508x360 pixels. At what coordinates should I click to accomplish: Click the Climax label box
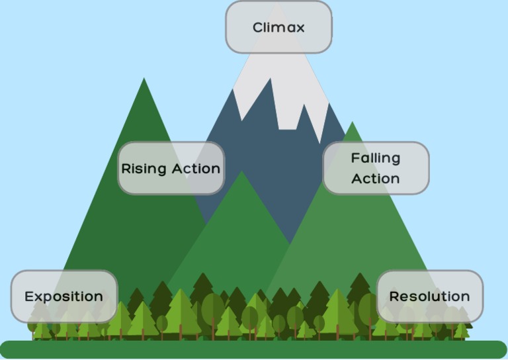[x=278, y=27]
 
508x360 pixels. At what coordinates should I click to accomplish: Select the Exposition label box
[x=64, y=296]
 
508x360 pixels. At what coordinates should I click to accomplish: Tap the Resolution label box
[x=430, y=296]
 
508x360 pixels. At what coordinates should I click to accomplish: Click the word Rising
[x=144, y=169]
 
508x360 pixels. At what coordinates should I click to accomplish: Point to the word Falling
[x=375, y=158]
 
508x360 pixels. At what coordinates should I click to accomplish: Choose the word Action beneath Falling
[x=375, y=179]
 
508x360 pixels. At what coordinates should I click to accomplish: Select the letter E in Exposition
[x=29, y=296]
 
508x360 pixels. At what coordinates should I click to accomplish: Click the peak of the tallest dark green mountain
[x=144, y=79]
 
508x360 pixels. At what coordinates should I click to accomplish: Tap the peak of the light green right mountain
[x=353, y=122]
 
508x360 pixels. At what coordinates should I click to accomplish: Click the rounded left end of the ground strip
[x=7, y=349]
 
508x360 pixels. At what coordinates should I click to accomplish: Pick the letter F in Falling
[x=355, y=158]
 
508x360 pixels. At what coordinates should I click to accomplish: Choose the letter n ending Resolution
[x=465, y=297]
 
